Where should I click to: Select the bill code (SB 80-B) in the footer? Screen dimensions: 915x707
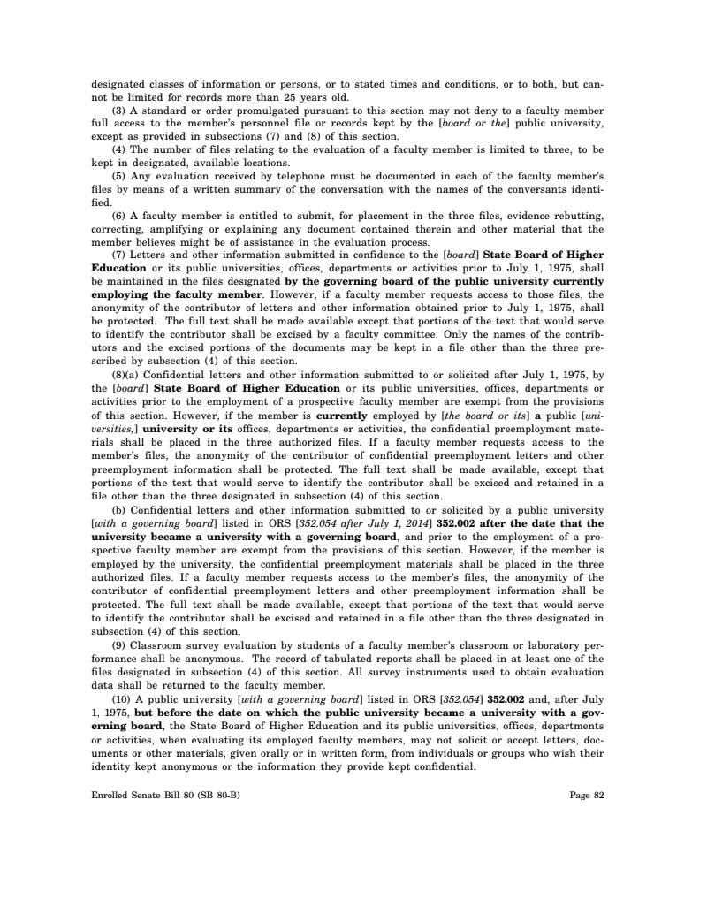(x=217, y=795)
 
